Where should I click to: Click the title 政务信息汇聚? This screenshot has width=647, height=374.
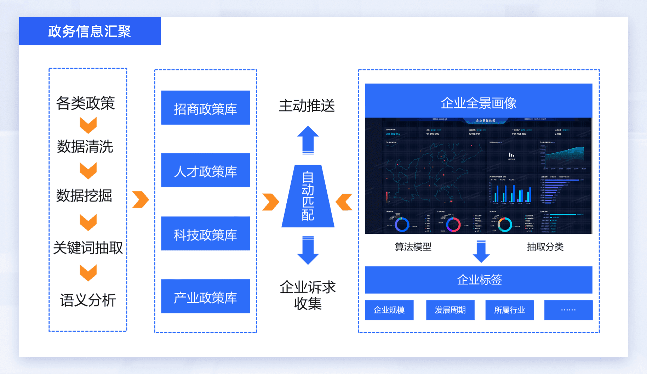[90, 31]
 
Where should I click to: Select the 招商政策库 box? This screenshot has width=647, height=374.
[205, 108]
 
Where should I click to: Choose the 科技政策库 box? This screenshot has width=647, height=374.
[205, 233]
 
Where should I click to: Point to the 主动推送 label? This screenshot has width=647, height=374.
[307, 106]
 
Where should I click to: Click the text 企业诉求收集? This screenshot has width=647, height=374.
[308, 295]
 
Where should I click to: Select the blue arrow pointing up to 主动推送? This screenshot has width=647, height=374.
[308, 140]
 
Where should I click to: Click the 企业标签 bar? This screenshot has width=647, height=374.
[479, 280]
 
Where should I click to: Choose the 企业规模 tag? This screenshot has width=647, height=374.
[389, 310]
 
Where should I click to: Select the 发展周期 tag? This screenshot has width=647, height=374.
[450, 310]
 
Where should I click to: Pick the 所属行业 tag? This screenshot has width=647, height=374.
[509, 310]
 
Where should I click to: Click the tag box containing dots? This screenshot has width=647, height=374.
[568, 310]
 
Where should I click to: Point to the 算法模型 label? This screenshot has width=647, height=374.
[413, 247]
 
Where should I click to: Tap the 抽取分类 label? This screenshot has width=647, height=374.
[545, 247]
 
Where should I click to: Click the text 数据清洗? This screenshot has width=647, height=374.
[85, 147]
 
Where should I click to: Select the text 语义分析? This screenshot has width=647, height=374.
[88, 300]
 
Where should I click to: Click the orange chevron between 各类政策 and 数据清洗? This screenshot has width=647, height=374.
[88, 125]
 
